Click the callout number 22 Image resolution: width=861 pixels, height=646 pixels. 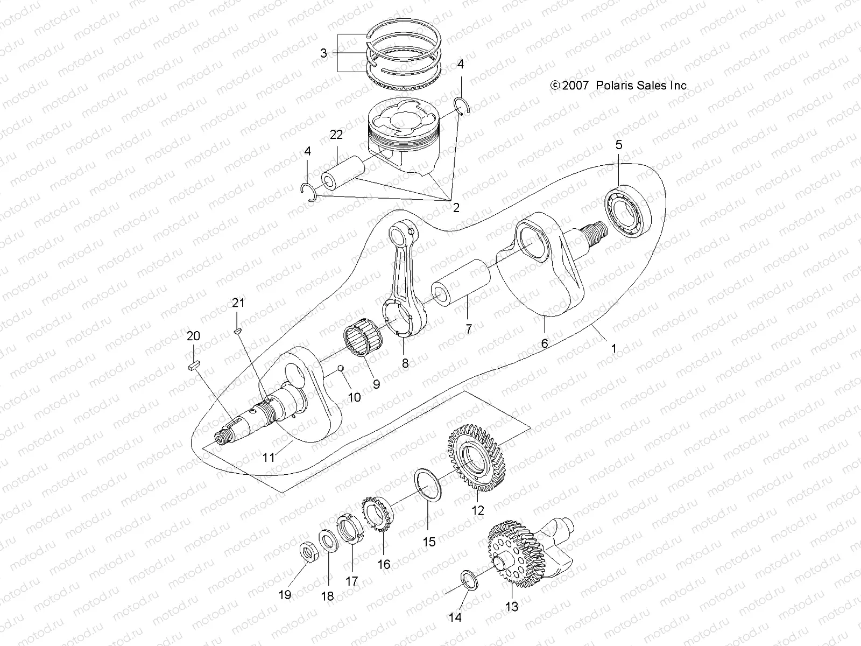(x=336, y=135)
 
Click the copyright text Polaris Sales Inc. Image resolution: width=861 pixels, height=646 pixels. (x=619, y=86)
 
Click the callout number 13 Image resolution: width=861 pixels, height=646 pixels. (x=512, y=607)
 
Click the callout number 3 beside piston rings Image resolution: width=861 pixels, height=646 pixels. (x=323, y=53)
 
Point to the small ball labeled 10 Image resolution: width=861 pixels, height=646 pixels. (x=340, y=368)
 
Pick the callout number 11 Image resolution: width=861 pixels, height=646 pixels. (x=269, y=458)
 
